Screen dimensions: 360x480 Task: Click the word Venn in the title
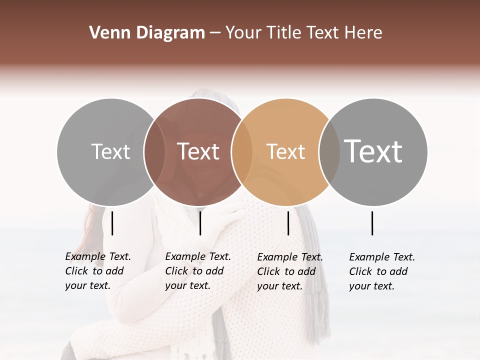point(105,32)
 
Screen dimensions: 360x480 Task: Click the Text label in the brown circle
point(198,151)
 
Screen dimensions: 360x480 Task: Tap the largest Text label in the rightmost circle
point(373,151)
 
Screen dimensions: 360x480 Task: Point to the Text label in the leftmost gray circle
point(110,151)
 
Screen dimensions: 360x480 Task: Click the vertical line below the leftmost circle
point(112,223)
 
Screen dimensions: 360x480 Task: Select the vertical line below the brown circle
point(200,223)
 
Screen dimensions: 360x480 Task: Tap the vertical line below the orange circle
point(288,223)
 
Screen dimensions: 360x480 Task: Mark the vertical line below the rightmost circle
point(372,223)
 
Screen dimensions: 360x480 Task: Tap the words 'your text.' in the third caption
point(279,286)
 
